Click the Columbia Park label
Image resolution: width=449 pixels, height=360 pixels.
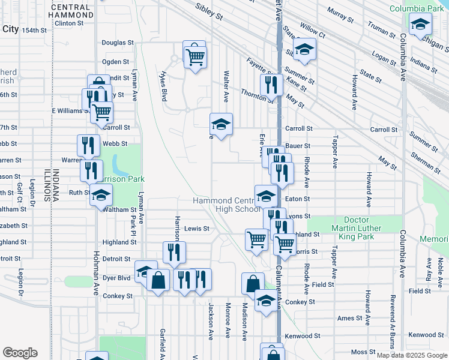(416, 8)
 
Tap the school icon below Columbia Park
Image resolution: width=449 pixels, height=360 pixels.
(421, 25)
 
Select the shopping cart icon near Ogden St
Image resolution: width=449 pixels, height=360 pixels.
(194, 57)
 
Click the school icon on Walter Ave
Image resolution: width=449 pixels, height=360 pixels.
(221, 125)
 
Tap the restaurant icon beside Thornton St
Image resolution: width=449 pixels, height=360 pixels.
(271, 85)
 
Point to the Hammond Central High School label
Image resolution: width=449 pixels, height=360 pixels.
(226, 205)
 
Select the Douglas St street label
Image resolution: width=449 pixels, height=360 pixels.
(117, 43)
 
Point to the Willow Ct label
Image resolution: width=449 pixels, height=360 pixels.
(312, 28)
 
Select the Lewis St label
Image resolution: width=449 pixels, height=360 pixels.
(196, 229)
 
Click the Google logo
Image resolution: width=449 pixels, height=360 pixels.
(20, 353)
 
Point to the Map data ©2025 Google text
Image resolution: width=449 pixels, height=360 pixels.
(411, 355)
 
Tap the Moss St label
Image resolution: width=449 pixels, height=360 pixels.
(363, 352)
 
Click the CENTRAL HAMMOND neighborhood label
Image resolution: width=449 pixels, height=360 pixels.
(71, 11)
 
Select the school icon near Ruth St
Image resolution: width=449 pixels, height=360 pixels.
(101, 196)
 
